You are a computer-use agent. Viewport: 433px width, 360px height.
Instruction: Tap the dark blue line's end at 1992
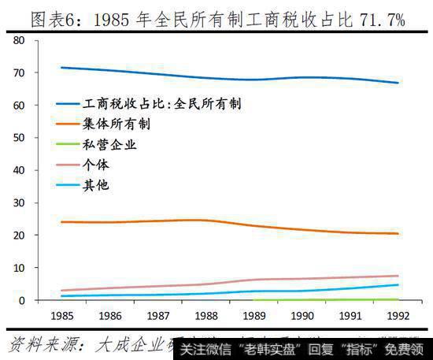[398, 83]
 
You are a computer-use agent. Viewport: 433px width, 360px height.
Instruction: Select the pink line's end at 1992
[398, 276]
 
